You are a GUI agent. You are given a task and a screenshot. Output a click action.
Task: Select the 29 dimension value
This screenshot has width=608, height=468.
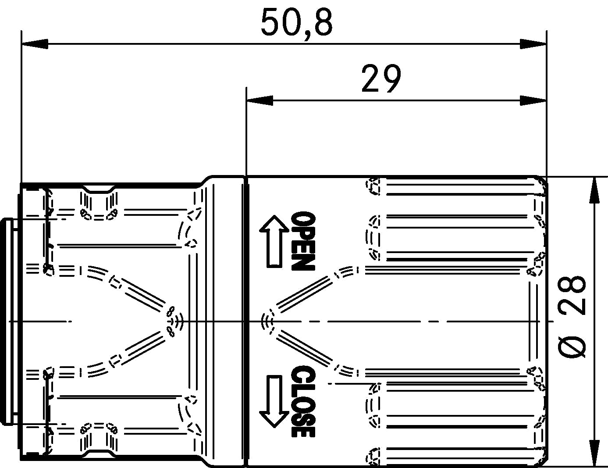pyautogui.click(x=381, y=79)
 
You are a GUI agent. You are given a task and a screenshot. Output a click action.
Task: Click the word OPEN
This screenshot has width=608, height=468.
pyautogui.click(x=303, y=241)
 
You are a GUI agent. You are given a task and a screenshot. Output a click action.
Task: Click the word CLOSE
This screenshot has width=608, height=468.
pyautogui.click(x=303, y=401)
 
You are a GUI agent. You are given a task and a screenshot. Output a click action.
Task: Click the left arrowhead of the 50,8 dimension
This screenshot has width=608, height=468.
pyautogui.click(x=34, y=44)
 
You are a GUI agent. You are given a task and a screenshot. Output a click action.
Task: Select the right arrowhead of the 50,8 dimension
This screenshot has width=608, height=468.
pyautogui.click(x=533, y=44)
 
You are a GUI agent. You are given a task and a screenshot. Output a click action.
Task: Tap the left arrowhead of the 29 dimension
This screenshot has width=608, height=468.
pyautogui.click(x=260, y=100)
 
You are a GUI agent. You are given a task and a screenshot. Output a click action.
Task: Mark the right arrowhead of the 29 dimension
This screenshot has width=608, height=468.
pyautogui.click(x=533, y=100)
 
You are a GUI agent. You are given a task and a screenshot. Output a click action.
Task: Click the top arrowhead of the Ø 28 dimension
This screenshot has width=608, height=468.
pyautogui.click(x=594, y=190)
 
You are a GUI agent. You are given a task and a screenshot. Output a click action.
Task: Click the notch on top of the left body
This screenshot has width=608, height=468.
pyautogui.click(x=99, y=189)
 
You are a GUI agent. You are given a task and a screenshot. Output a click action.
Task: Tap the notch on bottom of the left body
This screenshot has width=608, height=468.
pyautogui.click(x=99, y=453)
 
